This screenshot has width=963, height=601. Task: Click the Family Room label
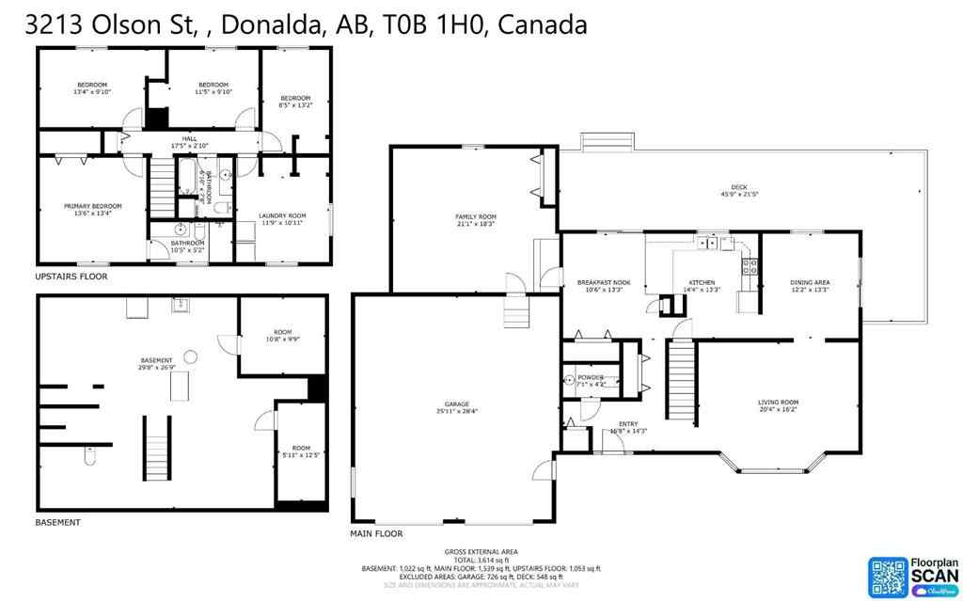475,216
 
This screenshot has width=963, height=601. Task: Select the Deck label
738,187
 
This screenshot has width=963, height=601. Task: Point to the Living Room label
778,403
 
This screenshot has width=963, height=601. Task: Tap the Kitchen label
701,282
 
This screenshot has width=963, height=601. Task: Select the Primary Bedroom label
92,206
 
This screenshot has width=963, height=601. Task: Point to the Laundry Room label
282,215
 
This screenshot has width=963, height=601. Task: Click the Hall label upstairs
189,139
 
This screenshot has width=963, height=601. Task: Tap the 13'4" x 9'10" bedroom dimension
92,92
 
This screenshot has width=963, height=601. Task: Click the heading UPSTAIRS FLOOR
71,277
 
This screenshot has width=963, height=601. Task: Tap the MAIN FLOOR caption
375,533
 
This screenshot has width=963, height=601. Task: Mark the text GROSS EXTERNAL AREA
481,551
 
